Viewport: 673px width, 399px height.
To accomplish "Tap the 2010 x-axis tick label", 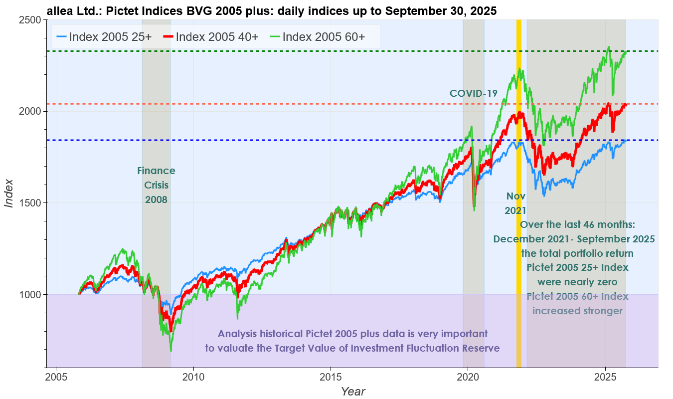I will pos(193,376).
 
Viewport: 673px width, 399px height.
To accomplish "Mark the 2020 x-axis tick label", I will pos(468,376).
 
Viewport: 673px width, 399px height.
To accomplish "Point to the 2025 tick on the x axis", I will pos(605,376).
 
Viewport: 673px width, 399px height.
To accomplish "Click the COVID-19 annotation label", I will pos(474,93).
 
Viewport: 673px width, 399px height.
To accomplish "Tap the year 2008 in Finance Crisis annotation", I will pos(156,199).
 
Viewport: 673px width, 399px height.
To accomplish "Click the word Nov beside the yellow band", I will pos(515,196).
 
